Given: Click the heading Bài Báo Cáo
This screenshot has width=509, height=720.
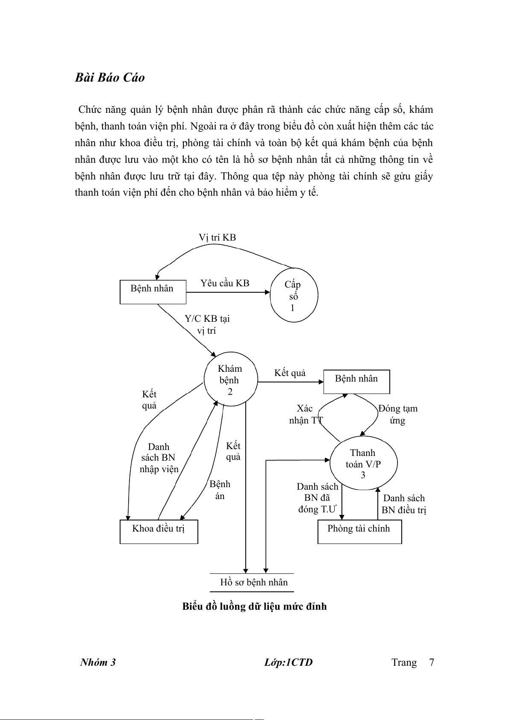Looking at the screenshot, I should pos(110,78).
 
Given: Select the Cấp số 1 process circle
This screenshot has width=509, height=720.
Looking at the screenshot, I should pos(294,295).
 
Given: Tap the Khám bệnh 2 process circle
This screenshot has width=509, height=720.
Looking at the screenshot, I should pos(230,380).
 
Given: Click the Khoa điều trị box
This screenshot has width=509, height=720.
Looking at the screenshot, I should pos(159,531).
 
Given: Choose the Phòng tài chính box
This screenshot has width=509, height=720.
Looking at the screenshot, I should pos(359,531).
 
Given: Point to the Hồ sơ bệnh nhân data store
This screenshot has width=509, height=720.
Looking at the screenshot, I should pos(253,582).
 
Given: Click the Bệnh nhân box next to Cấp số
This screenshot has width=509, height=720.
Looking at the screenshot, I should pos(153,292).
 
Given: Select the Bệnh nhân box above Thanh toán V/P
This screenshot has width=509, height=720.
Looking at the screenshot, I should pos(356,381).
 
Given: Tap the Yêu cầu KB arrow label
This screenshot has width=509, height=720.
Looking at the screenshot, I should pos(225,283).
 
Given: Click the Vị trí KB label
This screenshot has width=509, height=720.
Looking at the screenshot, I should pos(217,238).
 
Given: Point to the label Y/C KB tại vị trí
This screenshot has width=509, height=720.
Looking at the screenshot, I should pos(207,325).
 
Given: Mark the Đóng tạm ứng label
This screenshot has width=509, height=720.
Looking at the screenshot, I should pos(398,414).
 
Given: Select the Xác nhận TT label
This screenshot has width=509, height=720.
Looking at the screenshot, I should pos(305,414).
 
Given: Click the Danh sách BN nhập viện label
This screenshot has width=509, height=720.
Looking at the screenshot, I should pos(159,458).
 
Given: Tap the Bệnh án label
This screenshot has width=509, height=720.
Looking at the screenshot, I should pos(220,490).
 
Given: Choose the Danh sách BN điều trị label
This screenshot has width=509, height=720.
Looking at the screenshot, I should pos(404,504).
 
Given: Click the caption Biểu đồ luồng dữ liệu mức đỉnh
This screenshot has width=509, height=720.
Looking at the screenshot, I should pos(254,606).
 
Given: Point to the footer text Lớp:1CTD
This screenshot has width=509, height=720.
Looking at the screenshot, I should pos(288,662).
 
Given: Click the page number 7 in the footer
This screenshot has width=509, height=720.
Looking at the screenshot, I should pos(432,662).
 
